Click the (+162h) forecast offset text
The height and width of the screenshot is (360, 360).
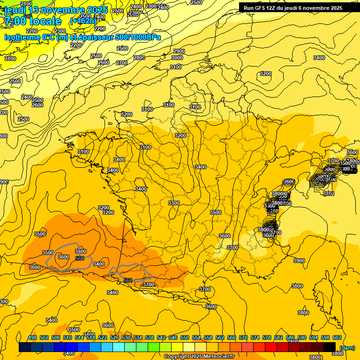pyautogui.click(x=83, y=21)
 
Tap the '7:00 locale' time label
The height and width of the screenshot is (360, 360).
pyautogui.click(x=33, y=21)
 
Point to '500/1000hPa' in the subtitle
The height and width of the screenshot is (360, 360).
pyautogui.click(x=138, y=37)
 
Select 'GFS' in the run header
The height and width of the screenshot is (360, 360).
pyautogui.click(x=261, y=8)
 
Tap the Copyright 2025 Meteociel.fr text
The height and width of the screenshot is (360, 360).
pyautogui.click(x=199, y=357)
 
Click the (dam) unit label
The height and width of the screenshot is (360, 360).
pyautogui.click(x=347, y=347)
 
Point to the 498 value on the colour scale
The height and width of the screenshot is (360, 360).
pyautogui.click(x=32, y=338)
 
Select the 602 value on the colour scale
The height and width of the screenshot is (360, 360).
pyautogui.click(x=337, y=338)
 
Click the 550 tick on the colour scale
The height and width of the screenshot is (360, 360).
pyautogui.click(x=185, y=338)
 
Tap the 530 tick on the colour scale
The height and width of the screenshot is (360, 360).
pyautogui.click(x=126, y=338)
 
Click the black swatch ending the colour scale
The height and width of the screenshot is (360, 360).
pyautogui.click(x=330, y=347)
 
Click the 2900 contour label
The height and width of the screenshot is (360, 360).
pyautogui.click(x=179, y=51)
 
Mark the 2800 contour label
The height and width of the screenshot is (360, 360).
pyautogui.click(x=139, y=58)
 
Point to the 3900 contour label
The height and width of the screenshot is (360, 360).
pyautogui.click(x=299, y=261)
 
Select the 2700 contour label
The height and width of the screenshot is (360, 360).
pyautogui.click(x=122, y=63)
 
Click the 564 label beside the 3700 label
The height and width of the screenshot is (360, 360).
pyautogui.click(x=128, y=280)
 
